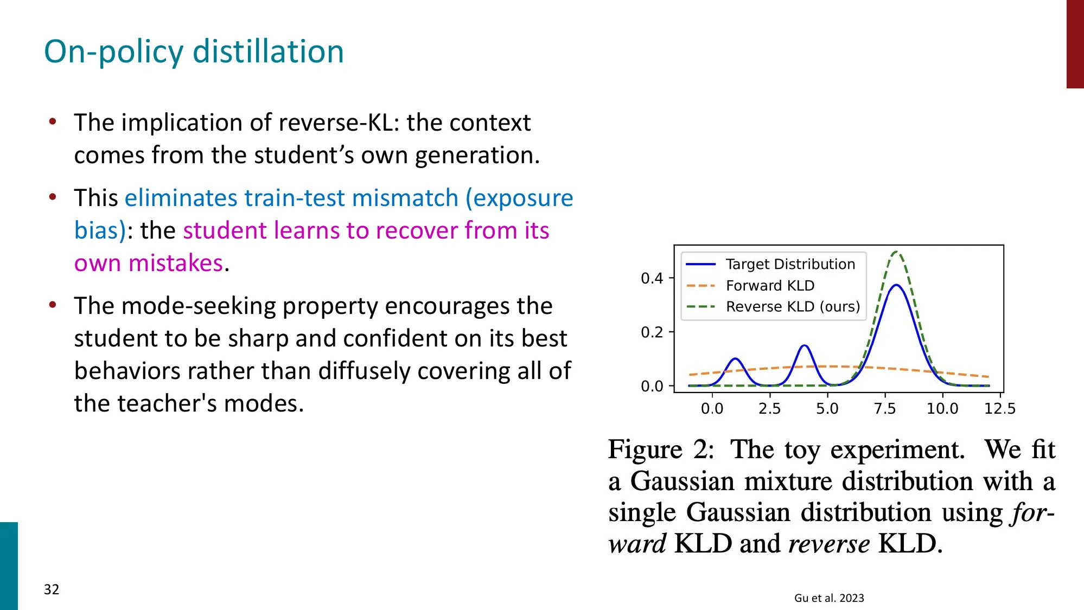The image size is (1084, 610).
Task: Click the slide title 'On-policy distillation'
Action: point(194,52)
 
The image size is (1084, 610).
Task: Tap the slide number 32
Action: point(52,589)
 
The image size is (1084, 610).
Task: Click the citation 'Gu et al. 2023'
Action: point(828,598)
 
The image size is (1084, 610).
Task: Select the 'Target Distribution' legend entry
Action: point(790,264)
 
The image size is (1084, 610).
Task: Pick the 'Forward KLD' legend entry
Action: point(770,285)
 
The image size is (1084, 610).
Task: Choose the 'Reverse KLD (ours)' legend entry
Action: point(793,306)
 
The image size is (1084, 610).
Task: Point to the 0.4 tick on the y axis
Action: point(652,278)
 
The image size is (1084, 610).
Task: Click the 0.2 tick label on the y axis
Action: point(652,332)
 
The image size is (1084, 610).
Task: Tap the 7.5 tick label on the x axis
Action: point(884,408)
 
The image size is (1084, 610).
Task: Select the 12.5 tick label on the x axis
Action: point(999,408)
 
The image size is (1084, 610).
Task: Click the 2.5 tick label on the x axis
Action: point(769,408)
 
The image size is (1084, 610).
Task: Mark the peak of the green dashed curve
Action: point(896,252)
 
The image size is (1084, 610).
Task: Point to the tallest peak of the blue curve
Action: point(896,285)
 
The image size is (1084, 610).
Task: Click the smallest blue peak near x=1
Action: point(735,359)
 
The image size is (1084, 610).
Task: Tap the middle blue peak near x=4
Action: point(804,345)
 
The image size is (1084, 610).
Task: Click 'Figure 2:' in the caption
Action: point(660,450)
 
